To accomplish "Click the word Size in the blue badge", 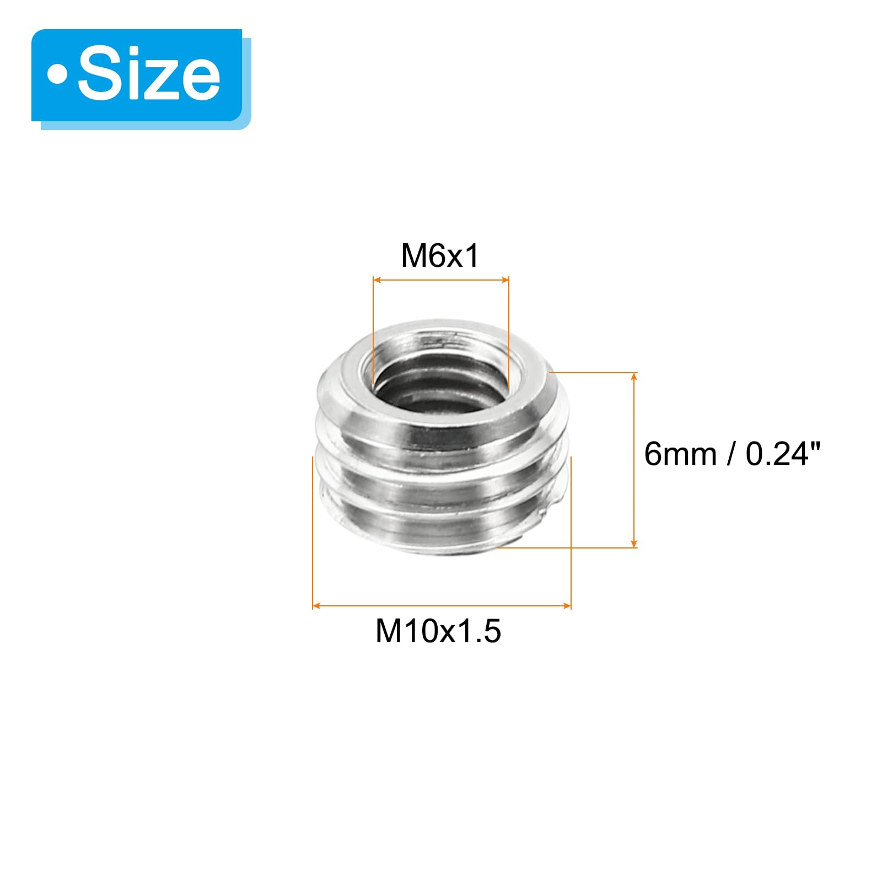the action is [149, 74].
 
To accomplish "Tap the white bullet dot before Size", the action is [57, 74].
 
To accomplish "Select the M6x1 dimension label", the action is [440, 256].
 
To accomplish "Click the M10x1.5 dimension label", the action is [438, 631].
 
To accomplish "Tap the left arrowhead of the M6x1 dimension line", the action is [377, 280].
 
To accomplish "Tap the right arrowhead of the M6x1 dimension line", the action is [504, 280].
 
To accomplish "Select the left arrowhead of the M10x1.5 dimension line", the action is [316, 606].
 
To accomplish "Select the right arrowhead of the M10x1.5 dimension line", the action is [567, 606].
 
